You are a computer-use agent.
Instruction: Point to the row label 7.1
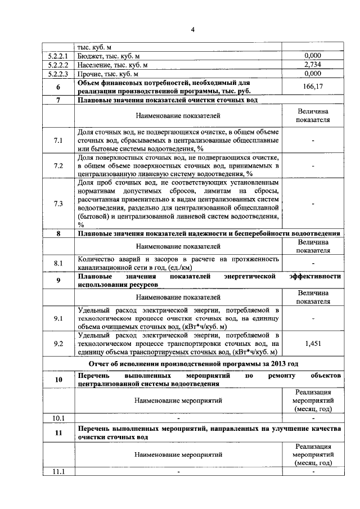(x=58, y=139)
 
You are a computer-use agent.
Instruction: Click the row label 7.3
(x=58, y=203)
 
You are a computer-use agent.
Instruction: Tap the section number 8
(x=58, y=233)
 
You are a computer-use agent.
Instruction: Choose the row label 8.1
(x=58, y=263)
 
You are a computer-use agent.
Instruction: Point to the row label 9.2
(x=58, y=344)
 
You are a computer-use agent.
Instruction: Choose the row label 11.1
(x=58, y=471)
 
